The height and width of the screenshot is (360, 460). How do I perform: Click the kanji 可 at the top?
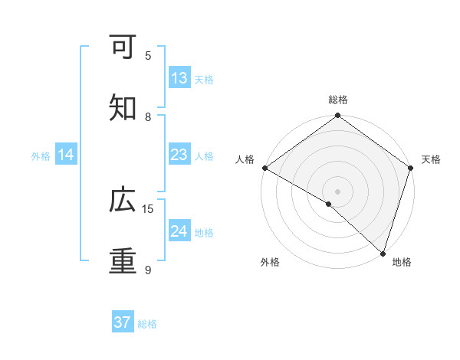click(123, 47)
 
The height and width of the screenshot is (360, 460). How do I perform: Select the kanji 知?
click(123, 108)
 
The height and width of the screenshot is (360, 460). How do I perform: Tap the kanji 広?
click(123, 200)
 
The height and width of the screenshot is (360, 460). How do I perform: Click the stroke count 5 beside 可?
click(148, 55)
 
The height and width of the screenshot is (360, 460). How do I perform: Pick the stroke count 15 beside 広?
click(148, 208)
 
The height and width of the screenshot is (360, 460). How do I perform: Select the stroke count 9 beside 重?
click(148, 270)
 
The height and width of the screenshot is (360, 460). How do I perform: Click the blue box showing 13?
click(179, 78)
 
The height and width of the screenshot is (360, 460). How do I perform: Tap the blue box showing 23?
click(179, 155)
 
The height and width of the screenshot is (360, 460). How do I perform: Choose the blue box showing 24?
click(179, 231)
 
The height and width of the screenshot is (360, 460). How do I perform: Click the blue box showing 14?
click(66, 155)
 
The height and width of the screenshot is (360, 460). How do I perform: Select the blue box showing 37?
click(123, 322)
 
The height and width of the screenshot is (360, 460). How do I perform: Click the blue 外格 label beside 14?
click(41, 155)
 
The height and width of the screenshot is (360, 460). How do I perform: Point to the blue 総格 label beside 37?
click(147, 323)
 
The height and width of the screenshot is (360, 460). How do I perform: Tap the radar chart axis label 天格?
click(431, 159)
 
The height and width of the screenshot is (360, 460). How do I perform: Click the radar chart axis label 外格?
click(270, 262)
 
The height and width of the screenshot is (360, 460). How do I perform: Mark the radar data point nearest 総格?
click(337, 116)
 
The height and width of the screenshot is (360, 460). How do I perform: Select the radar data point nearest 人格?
click(264, 168)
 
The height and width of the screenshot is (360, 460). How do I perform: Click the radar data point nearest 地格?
click(382, 253)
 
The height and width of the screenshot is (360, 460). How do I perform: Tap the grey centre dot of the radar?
click(337, 191)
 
